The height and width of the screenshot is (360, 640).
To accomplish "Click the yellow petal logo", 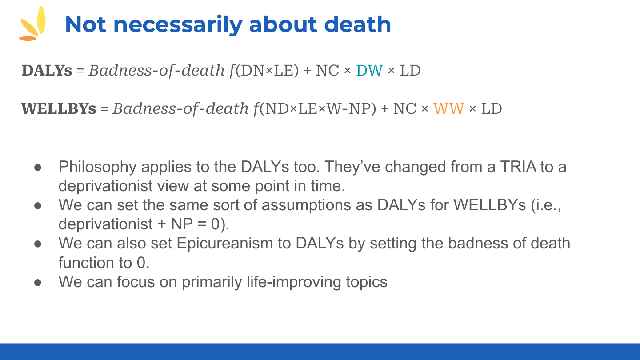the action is [32, 24].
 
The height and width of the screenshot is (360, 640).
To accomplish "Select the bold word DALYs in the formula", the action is [47, 70].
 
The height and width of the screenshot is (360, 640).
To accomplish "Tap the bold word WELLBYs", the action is [59, 108].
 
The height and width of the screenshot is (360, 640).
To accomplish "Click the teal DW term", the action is [369, 70].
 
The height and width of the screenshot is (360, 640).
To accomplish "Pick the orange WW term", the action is [448, 108].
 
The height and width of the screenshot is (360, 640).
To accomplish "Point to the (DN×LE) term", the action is [267, 71].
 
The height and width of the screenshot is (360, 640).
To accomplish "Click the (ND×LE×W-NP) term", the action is [318, 109].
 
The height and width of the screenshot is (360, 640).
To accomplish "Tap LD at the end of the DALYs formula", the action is [410, 70].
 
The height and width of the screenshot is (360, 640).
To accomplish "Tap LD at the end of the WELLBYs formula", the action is [492, 108].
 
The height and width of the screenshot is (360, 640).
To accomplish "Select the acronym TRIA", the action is [518, 167].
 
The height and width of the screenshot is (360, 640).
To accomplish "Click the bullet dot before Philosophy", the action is [38, 168].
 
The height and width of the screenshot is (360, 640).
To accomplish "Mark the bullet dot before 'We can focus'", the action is [38, 283].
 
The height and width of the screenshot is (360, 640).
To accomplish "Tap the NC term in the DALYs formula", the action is [328, 70].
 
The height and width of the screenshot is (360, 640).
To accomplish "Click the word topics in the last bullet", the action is [367, 282].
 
